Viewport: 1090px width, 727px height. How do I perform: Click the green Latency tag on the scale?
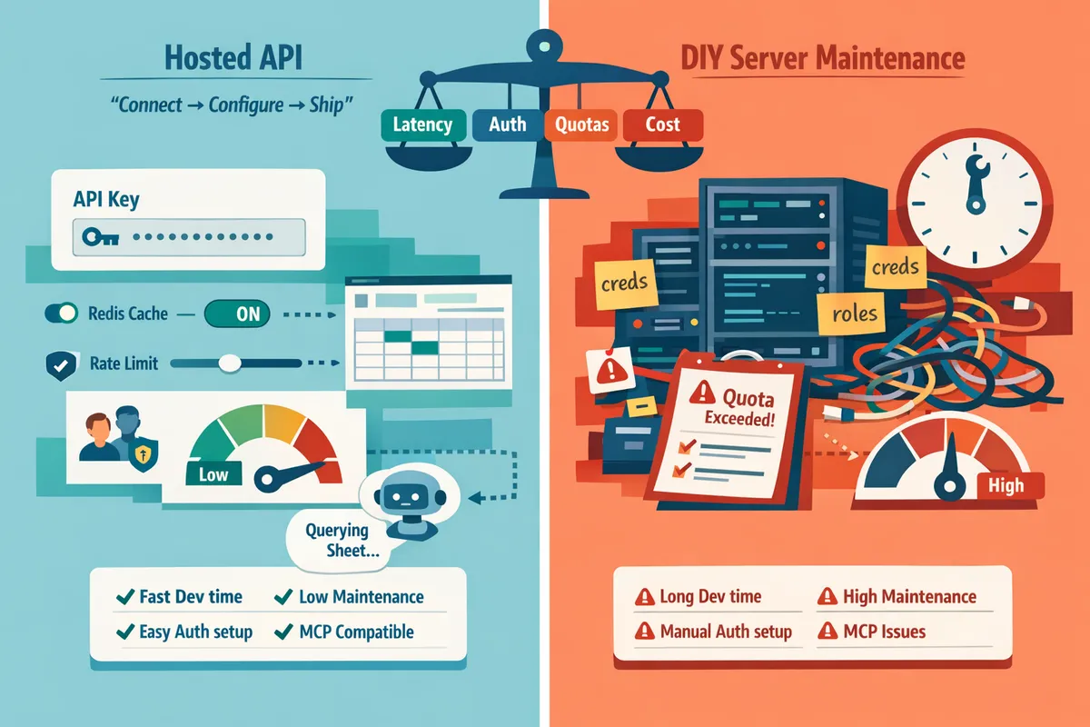422,124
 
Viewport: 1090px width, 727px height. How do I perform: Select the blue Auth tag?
507,124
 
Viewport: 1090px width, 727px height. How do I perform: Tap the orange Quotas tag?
581,124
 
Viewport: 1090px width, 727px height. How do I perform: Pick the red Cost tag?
662,124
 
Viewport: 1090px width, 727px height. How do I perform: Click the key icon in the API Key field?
99,237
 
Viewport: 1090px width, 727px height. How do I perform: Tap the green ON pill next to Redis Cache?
237,314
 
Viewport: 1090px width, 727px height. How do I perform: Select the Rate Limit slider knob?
230,363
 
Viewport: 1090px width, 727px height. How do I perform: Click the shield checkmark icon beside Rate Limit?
56,364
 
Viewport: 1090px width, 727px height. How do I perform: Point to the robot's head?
401,496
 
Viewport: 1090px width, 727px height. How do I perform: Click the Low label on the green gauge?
213,473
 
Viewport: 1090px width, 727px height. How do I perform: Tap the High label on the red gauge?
1006,485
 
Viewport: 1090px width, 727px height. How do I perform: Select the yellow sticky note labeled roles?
855,314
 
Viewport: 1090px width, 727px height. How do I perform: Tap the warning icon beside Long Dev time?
644,598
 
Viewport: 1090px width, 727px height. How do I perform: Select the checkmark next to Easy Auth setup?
124,632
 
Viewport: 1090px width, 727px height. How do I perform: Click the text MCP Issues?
884,632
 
